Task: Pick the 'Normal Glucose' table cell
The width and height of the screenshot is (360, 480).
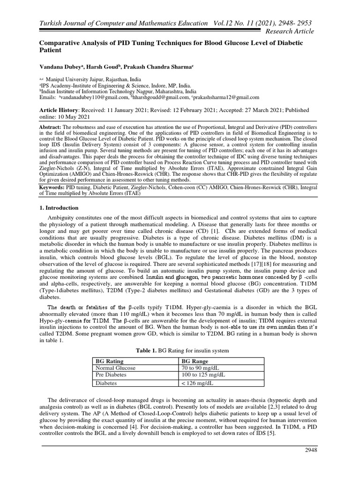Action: click(x=115, y=368)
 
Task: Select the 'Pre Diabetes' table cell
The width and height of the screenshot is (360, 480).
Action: click(x=112, y=375)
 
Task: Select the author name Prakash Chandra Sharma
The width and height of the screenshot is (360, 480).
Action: click(x=158, y=67)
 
